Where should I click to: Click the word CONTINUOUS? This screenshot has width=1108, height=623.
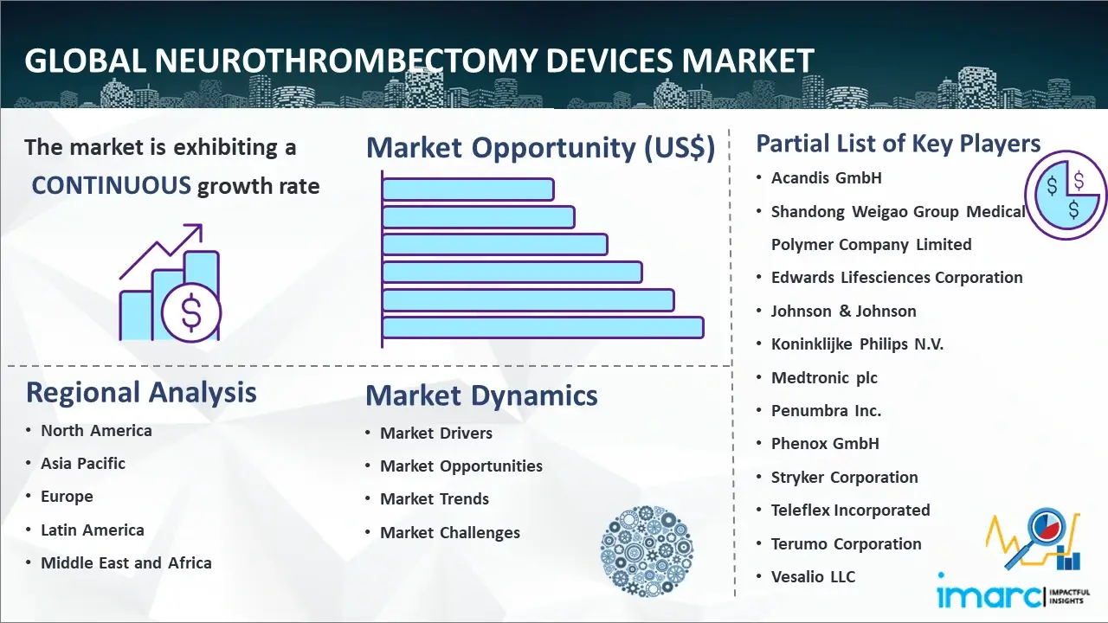coord(112,185)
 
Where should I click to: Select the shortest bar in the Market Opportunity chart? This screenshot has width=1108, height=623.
coord(468,189)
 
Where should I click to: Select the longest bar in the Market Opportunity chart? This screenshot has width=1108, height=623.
coord(543,328)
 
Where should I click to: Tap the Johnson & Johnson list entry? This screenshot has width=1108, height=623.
coord(843,311)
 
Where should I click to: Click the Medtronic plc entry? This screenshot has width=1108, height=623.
coord(824,378)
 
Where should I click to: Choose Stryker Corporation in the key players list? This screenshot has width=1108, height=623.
coord(844,477)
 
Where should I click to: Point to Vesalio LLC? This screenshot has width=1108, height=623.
coord(813,576)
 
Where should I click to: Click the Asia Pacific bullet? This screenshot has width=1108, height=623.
coord(82,463)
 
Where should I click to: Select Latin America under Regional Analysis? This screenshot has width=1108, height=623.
coord(93,530)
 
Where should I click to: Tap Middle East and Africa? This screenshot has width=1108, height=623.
coord(126,562)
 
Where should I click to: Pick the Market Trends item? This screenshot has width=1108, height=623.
coord(435,499)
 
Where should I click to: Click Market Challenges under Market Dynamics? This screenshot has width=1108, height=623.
coord(449,532)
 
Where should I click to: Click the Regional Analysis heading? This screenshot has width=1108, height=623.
coord(141,393)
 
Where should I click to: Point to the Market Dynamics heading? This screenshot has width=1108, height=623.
coord(481,395)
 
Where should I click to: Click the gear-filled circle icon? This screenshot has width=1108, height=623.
coord(647,551)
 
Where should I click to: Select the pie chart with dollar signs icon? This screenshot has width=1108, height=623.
coord(1066,195)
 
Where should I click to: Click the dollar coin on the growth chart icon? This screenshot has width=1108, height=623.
coord(191,313)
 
